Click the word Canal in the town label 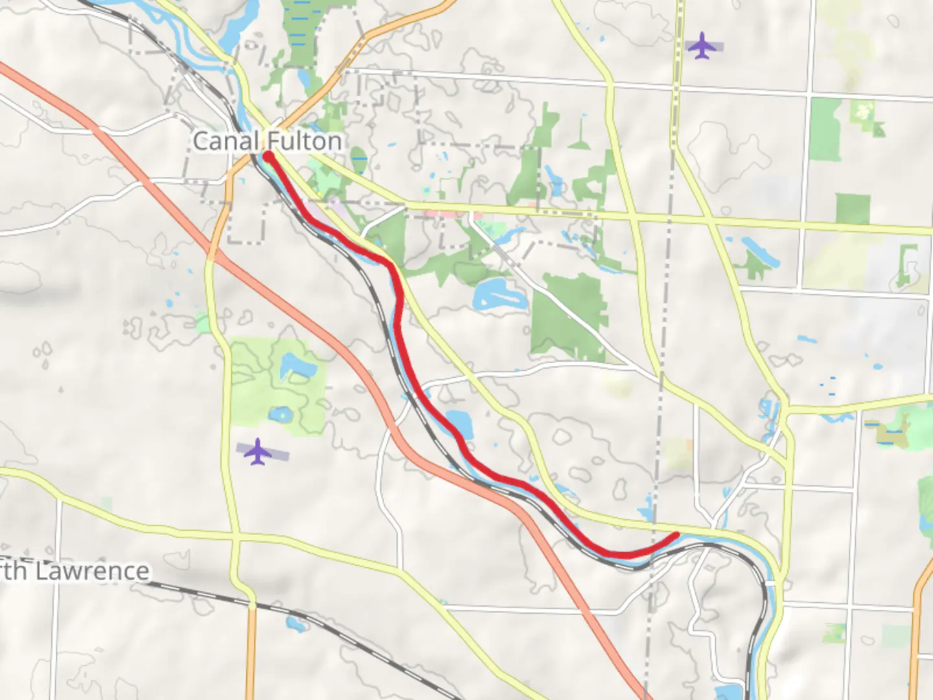pos(226,141)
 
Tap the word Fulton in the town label pos(305,141)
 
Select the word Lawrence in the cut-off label pos(92,572)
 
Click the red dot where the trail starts pos(268,156)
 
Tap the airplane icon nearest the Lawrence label pos(258,452)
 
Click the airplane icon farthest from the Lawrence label pos(702,46)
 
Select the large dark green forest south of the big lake pos(567,318)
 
